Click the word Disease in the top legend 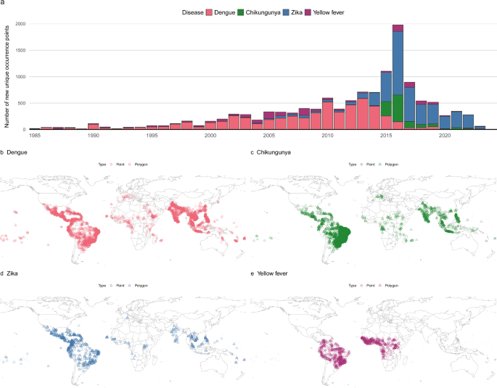pos(192,12)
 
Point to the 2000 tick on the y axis pos(20,24)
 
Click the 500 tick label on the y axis pos(22,103)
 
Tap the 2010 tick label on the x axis pos(327,136)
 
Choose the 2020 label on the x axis pos(445,136)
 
